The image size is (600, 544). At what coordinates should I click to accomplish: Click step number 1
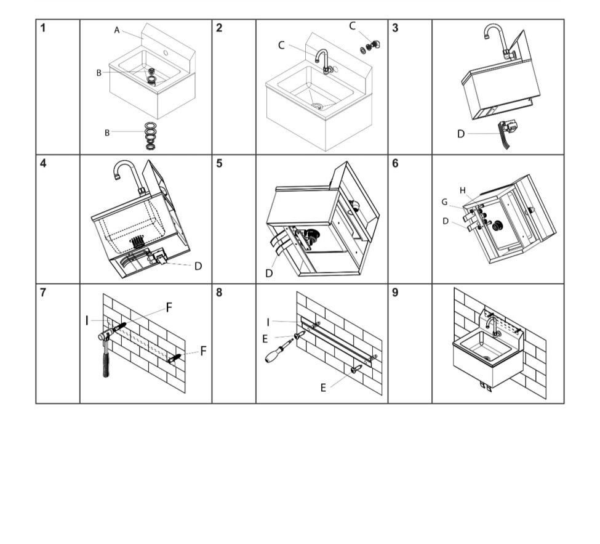coord(43,28)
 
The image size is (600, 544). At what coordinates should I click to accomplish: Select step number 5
coord(219,164)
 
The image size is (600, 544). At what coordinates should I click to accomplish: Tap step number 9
coord(395,293)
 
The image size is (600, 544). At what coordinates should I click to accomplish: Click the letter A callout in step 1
coord(117,30)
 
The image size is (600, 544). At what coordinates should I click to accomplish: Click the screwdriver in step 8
coord(278,351)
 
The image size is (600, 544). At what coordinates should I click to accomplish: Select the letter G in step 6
coord(444,202)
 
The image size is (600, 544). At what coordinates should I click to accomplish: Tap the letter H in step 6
coord(463,190)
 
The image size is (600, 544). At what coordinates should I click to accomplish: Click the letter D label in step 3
coord(461,134)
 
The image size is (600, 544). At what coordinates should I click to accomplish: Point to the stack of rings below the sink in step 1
coord(151,136)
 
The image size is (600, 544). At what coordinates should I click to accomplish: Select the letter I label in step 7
coord(87,321)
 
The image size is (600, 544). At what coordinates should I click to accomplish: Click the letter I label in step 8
coord(268,323)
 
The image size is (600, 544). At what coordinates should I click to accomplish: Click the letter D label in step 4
coord(198,266)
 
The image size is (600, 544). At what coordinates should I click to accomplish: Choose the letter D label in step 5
coord(269,273)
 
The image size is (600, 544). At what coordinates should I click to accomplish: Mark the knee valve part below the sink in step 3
coord(506,133)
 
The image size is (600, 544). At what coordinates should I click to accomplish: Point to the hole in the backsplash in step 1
coord(166,52)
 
